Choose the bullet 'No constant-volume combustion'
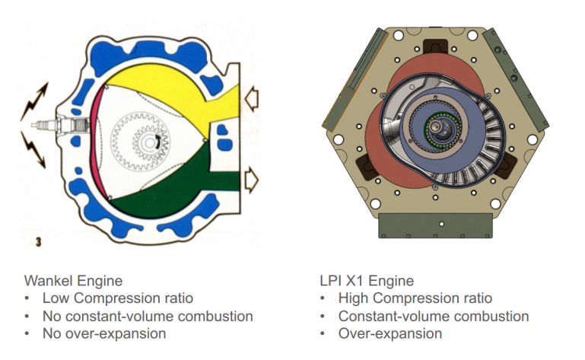[x=147, y=316]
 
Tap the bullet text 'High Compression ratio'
[x=415, y=298]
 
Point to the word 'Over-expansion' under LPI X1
[x=390, y=333]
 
